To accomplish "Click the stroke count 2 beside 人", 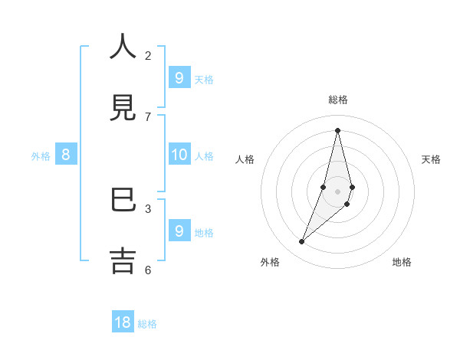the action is tap(148, 55).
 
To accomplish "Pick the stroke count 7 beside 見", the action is tap(148, 116).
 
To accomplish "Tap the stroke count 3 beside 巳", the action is tap(148, 208).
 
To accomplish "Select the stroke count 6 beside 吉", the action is tap(148, 270).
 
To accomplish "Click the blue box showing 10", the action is tap(179, 155).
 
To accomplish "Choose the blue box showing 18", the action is tap(123, 322).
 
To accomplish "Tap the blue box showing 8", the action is tap(66, 155).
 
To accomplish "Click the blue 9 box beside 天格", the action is tap(179, 77).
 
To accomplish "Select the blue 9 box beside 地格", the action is tap(179, 231).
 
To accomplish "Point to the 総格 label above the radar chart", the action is tap(338, 100).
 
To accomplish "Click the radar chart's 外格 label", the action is tap(270, 262).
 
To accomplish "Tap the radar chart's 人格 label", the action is tap(245, 159).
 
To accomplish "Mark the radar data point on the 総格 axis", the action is tap(337, 130).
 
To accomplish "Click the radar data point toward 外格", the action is tap(302, 242).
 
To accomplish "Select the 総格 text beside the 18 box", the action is tap(147, 324).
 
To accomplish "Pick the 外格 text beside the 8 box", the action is tap(41, 156).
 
